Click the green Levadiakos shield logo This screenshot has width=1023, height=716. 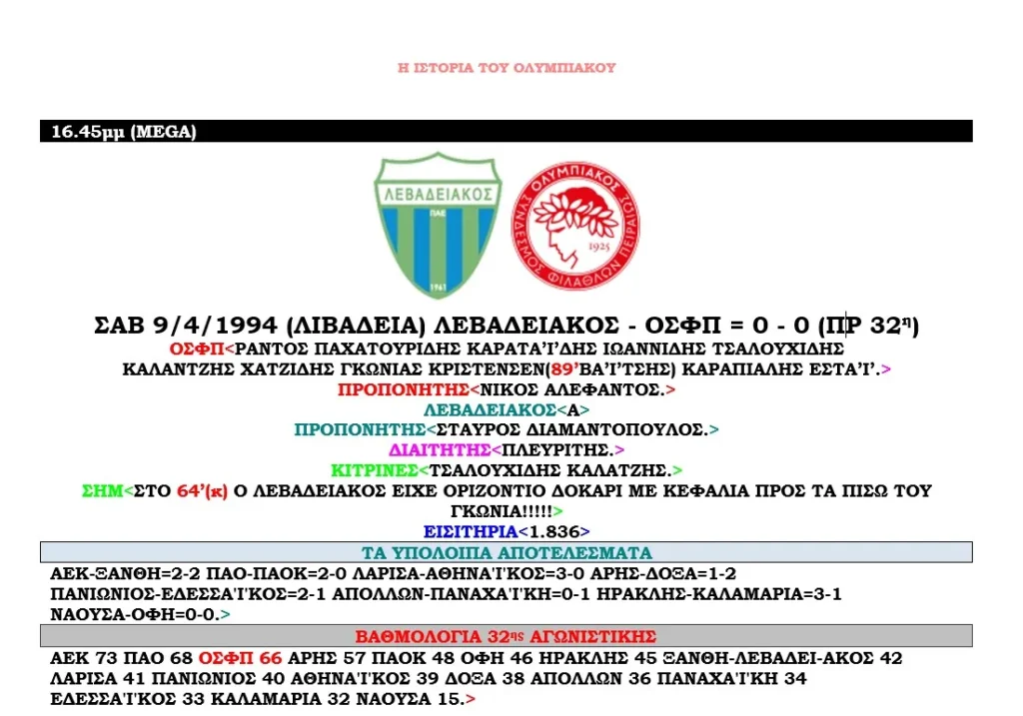[x=439, y=223]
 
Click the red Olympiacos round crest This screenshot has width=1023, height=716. [x=572, y=223]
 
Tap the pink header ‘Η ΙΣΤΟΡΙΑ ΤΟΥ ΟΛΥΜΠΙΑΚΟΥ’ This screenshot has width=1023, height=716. [x=507, y=68]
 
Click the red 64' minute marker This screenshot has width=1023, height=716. [x=190, y=490]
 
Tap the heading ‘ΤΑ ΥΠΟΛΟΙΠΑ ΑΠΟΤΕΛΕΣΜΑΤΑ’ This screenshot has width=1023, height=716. [x=507, y=552]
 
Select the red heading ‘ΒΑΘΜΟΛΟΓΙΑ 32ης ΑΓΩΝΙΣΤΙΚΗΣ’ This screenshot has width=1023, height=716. [x=506, y=636]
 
